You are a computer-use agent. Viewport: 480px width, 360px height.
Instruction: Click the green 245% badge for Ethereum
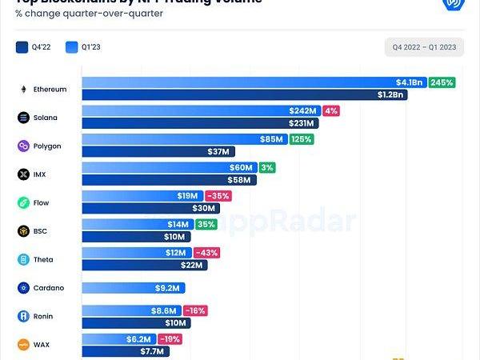click(x=442, y=82)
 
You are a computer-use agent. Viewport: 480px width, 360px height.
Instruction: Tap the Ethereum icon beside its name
click(x=23, y=90)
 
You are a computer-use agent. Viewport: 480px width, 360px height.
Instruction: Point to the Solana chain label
click(x=46, y=118)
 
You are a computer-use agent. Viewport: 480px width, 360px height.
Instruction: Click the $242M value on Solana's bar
click(x=304, y=111)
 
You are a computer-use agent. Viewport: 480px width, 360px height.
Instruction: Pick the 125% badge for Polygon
click(x=301, y=139)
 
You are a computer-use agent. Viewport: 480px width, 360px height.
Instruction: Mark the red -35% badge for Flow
click(x=218, y=196)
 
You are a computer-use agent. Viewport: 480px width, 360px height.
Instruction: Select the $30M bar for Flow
click(x=144, y=208)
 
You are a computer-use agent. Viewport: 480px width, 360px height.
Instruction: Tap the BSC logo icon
click(x=23, y=231)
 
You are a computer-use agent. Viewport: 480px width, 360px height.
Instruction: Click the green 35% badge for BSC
click(x=206, y=225)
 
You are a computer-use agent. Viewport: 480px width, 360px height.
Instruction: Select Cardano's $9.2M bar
click(x=134, y=287)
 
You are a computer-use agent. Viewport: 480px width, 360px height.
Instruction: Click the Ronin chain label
click(x=44, y=316)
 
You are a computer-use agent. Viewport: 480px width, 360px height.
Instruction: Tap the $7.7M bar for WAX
click(x=125, y=351)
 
